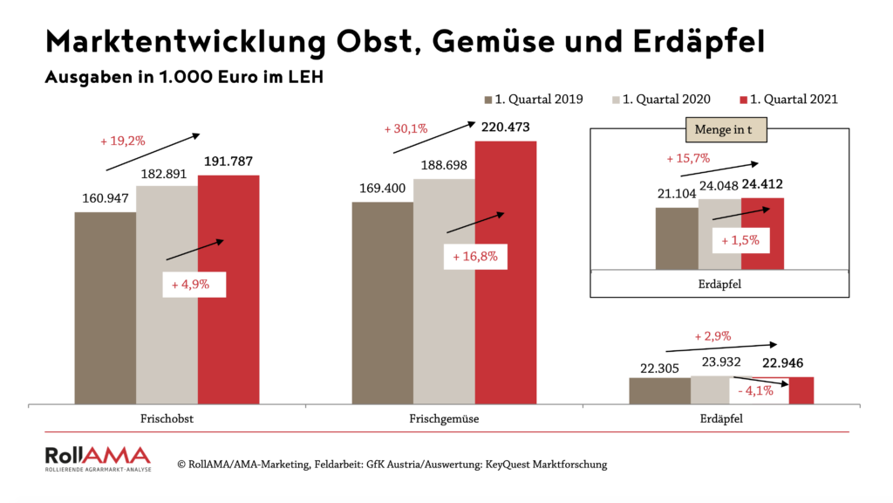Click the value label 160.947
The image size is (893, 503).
coord(105,199)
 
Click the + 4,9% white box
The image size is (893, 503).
coord(194,285)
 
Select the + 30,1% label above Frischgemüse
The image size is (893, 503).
coord(406,129)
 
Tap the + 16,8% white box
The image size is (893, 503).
coord(474,257)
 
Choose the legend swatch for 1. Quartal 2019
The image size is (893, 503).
coord(488,100)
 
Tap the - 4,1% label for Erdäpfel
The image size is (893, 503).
coord(755,390)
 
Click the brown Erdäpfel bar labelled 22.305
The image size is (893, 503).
coord(659,390)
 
